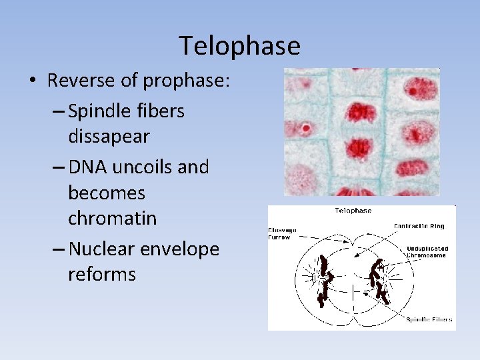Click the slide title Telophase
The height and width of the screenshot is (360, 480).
[240, 46]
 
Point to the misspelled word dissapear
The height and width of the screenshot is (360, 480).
[109, 137]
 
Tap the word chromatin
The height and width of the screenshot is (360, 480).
[113, 219]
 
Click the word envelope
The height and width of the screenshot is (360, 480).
[183, 249]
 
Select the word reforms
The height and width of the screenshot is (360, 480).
[102, 274]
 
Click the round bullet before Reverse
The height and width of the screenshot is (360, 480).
[33, 82]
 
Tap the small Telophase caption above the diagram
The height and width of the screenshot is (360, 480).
[353, 211]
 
